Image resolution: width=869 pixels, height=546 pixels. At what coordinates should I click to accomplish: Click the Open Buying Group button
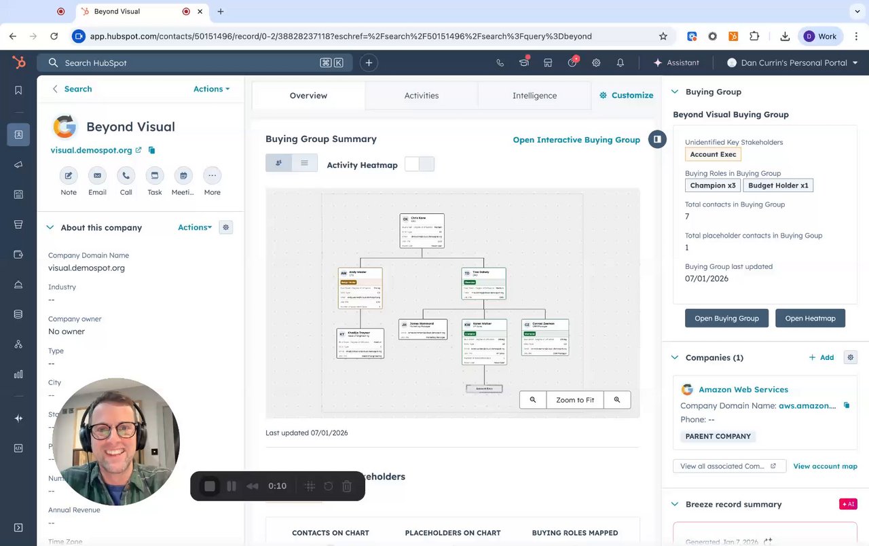click(x=726, y=318)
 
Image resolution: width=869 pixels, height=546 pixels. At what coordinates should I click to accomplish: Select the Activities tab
click(x=422, y=96)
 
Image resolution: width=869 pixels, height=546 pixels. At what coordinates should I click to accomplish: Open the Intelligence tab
click(x=534, y=96)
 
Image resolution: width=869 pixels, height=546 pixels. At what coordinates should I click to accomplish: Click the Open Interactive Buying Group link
click(x=576, y=140)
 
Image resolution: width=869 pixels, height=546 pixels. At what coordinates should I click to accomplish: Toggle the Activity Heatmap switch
click(x=419, y=164)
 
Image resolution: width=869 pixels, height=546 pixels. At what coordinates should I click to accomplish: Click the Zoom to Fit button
click(x=575, y=400)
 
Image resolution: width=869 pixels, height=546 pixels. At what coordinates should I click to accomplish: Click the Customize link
click(x=626, y=96)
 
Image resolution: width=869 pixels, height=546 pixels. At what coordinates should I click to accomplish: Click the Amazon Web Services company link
click(x=743, y=390)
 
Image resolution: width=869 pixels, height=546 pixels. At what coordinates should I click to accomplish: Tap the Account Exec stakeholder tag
click(x=713, y=155)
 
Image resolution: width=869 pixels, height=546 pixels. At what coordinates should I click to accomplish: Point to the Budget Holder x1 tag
click(x=778, y=185)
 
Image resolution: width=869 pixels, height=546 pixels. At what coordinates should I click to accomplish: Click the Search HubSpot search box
click(x=183, y=63)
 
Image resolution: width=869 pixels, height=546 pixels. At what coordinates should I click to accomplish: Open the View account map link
click(x=825, y=467)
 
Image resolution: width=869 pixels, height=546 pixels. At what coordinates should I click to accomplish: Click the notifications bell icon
click(x=621, y=63)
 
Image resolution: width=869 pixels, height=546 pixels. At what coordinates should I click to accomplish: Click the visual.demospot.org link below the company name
click(x=91, y=150)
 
